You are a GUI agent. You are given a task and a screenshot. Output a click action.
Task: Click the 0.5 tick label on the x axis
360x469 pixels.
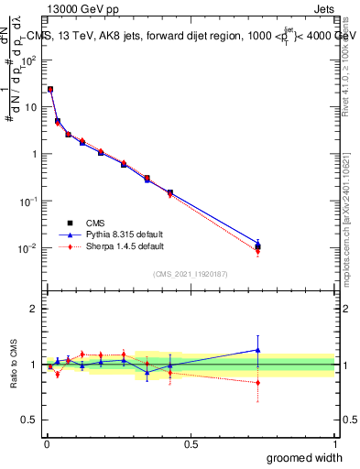[191, 444]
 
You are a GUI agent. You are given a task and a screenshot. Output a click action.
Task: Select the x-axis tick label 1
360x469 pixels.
[334, 444]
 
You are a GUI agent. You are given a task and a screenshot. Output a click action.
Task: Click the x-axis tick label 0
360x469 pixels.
[47, 444]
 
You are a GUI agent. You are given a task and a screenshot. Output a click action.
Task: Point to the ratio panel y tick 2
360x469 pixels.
[34, 309]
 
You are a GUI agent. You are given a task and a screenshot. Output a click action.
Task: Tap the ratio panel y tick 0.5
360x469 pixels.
[30, 420]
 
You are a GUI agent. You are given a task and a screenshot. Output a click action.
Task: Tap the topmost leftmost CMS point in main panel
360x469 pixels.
[50, 90]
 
